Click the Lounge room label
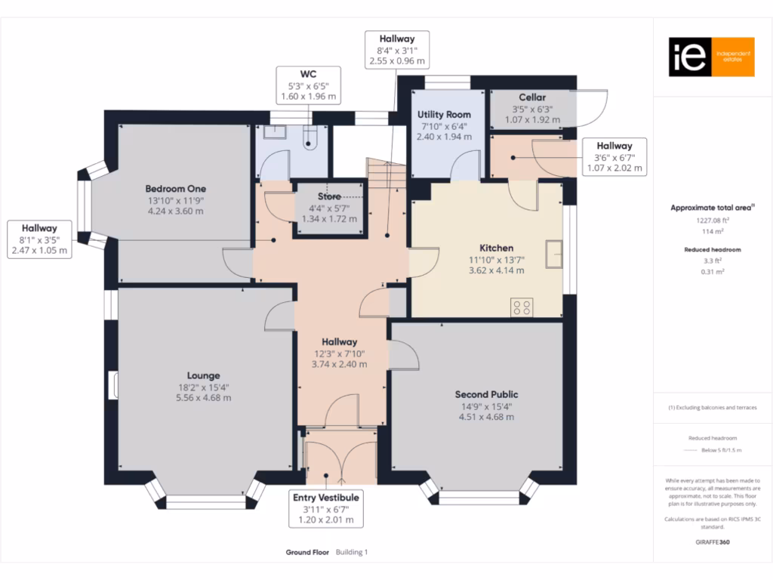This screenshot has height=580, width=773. pyautogui.click(x=204, y=375)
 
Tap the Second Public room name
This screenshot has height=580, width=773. pyautogui.click(x=486, y=394)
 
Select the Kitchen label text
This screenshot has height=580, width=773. pyautogui.click(x=496, y=248)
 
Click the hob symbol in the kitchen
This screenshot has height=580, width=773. pyautogui.click(x=522, y=307)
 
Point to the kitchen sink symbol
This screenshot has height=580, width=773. pyautogui.click(x=555, y=254)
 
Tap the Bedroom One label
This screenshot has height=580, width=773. pyautogui.click(x=175, y=189)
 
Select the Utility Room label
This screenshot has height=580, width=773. pyautogui.click(x=444, y=115)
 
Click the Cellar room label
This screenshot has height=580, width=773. pyautogui.click(x=532, y=97)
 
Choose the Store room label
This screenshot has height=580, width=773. pyautogui.click(x=328, y=196)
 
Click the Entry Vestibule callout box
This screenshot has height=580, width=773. pyautogui.click(x=326, y=509)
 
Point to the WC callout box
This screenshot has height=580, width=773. pyautogui.click(x=308, y=85)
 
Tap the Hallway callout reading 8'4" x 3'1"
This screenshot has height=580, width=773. pyautogui.click(x=396, y=50)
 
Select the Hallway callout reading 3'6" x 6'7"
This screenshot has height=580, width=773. pyautogui.click(x=614, y=157)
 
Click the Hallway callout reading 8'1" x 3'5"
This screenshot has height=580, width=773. pyautogui.click(x=39, y=239)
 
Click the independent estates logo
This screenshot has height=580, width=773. pyautogui.click(x=711, y=57)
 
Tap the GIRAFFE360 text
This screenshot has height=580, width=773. pyautogui.click(x=712, y=541)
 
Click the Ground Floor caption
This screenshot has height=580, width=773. pyautogui.click(x=307, y=552)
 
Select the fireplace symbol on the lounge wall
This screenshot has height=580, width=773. pyautogui.click(x=114, y=384)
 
